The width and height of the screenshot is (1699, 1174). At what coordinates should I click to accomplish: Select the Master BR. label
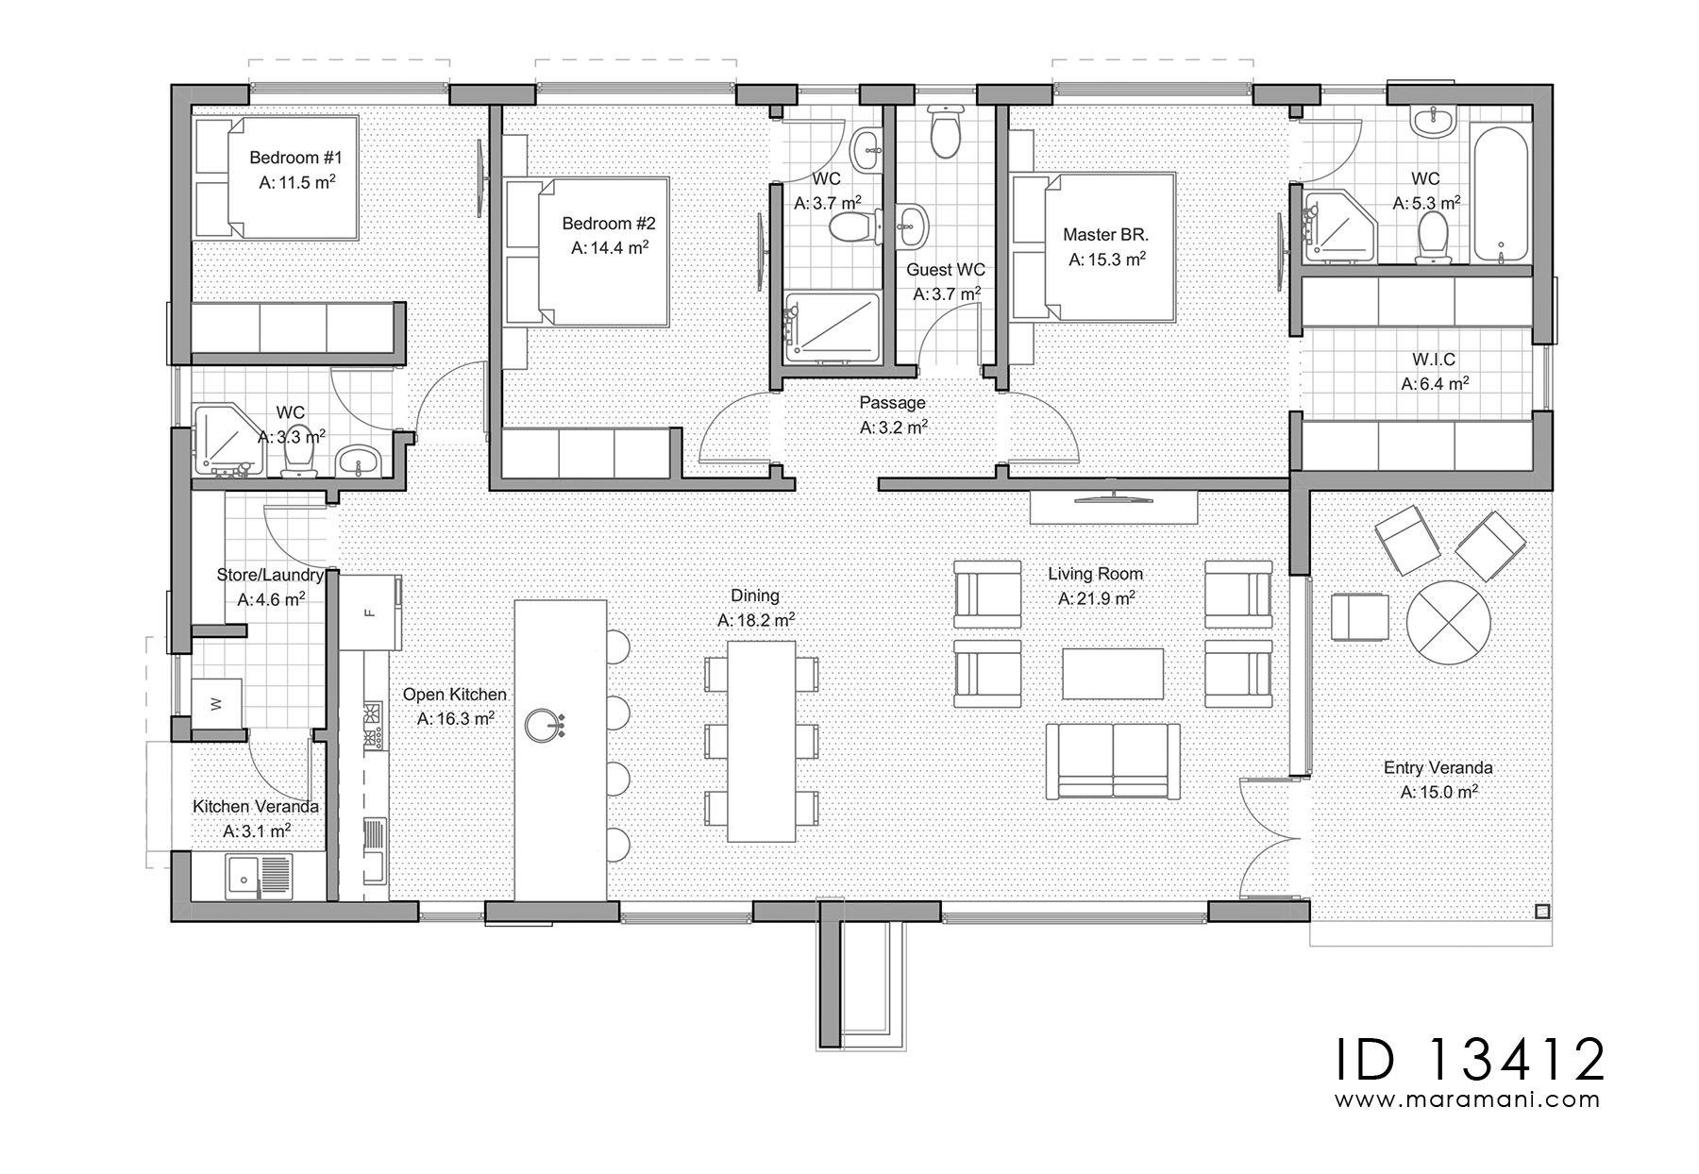(x=1105, y=234)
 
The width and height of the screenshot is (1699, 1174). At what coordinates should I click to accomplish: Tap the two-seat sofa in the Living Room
(x=1114, y=761)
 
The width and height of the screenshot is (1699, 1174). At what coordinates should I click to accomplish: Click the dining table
(x=761, y=741)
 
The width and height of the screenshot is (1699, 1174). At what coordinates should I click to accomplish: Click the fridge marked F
(x=370, y=612)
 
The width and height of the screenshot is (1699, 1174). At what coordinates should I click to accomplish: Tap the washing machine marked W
(x=216, y=702)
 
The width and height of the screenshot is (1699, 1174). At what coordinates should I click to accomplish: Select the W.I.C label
(x=1434, y=360)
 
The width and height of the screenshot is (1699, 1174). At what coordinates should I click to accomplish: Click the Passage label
(x=892, y=403)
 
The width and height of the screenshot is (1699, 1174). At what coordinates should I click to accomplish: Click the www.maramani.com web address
(x=1468, y=1099)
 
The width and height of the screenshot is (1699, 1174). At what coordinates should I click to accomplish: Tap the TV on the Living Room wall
(x=1115, y=494)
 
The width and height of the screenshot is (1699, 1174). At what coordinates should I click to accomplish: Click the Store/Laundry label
(x=270, y=575)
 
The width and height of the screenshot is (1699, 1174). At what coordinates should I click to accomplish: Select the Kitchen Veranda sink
(x=259, y=877)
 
